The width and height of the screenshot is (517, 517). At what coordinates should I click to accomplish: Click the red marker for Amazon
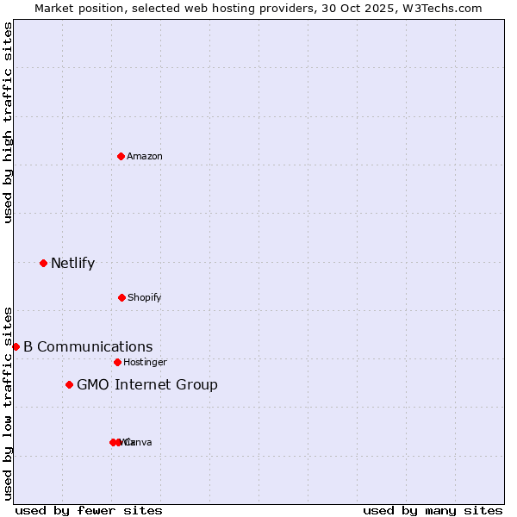pyautogui.click(x=121, y=156)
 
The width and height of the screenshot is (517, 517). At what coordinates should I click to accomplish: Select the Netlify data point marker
pyautogui.click(x=43, y=263)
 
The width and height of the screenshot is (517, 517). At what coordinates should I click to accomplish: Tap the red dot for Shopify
pyautogui.click(x=121, y=297)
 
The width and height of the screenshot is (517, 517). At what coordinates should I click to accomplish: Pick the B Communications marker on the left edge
pyautogui.click(x=16, y=346)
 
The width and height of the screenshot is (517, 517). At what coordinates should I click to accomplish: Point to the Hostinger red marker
pyautogui.click(x=117, y=362)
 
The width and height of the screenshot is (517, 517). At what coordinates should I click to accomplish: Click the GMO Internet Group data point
pyautogui.click(x=69, y=384)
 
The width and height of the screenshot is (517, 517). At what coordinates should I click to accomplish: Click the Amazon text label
pyautogui.click(x=145, y=157)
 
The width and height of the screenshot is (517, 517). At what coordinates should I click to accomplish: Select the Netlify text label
pyautogui.click(x=72, y=264)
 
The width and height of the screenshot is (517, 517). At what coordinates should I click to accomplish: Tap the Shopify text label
pyautogui.click(x=145, y=298)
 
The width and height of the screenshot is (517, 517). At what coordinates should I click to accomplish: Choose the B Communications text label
pyautogui.click(x=88, y=347)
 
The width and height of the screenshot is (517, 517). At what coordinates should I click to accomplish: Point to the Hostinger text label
pyautogui.click(x=145, y=363)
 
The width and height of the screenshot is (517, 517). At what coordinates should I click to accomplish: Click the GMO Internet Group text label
pyautogui.click(x=147, y=385)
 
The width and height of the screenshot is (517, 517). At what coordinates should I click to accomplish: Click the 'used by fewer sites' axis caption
pyautogui.click(x=89, y=511)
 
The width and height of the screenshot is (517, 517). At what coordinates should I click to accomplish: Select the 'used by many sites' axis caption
pyautogui.click(x=433, y=511)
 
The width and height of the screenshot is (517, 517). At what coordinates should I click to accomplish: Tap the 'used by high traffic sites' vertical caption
pyautogui.click(x=9, y=122)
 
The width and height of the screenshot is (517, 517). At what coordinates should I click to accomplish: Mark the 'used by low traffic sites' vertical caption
pyautogui.click(x=9, y=403)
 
